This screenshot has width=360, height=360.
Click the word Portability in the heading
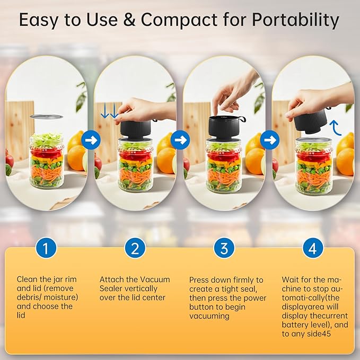tap(295, 20)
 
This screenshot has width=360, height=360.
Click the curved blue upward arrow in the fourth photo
tap(334, 127)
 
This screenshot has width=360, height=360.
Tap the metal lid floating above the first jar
tap(46, 116)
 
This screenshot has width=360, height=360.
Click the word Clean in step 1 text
tap(27, 279)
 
